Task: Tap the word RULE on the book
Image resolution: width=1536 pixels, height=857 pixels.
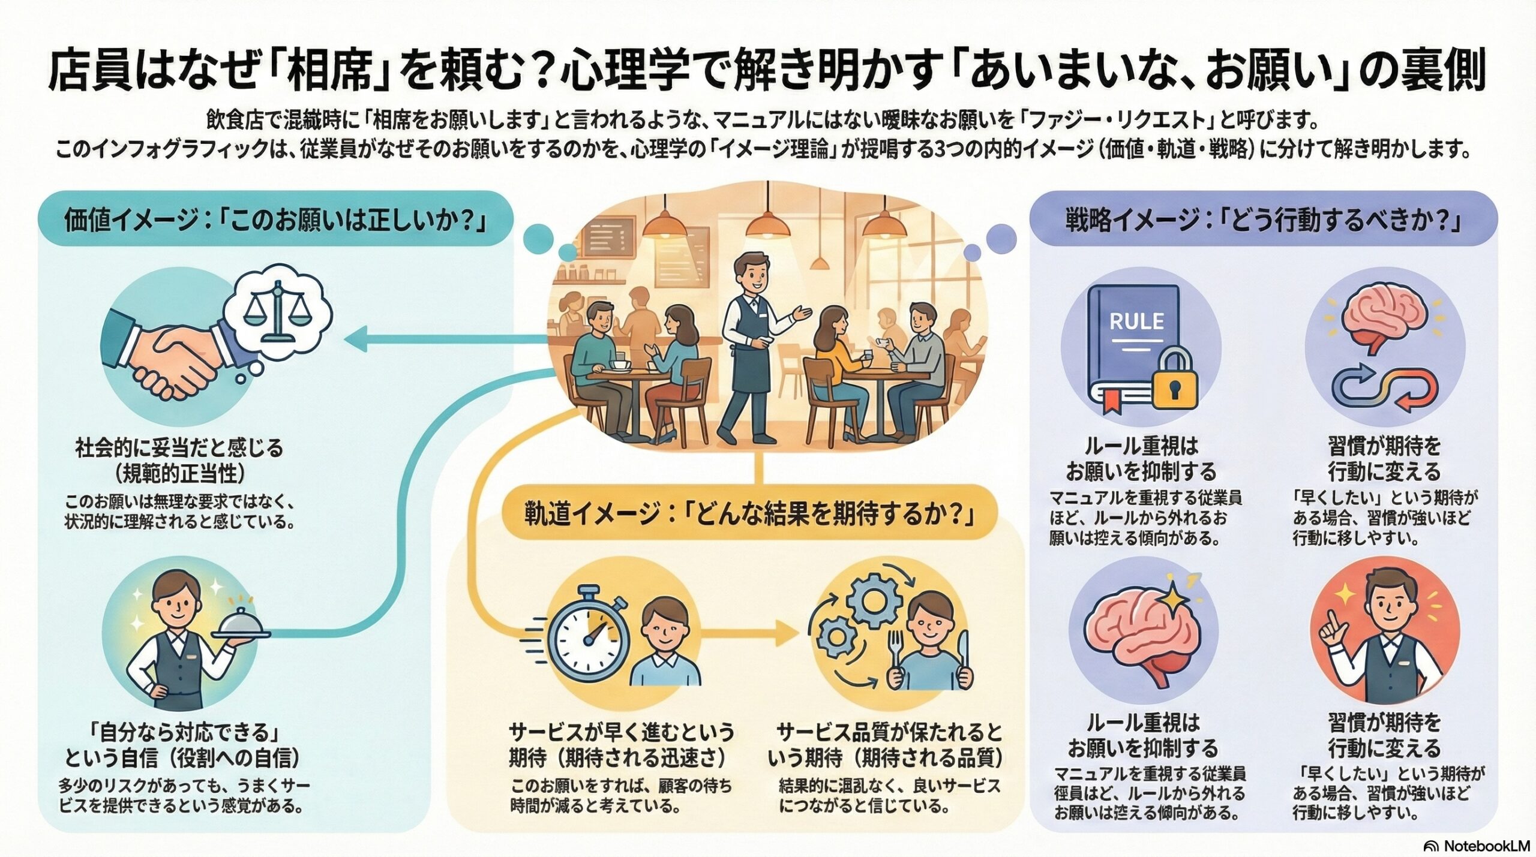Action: [1136, 321]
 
